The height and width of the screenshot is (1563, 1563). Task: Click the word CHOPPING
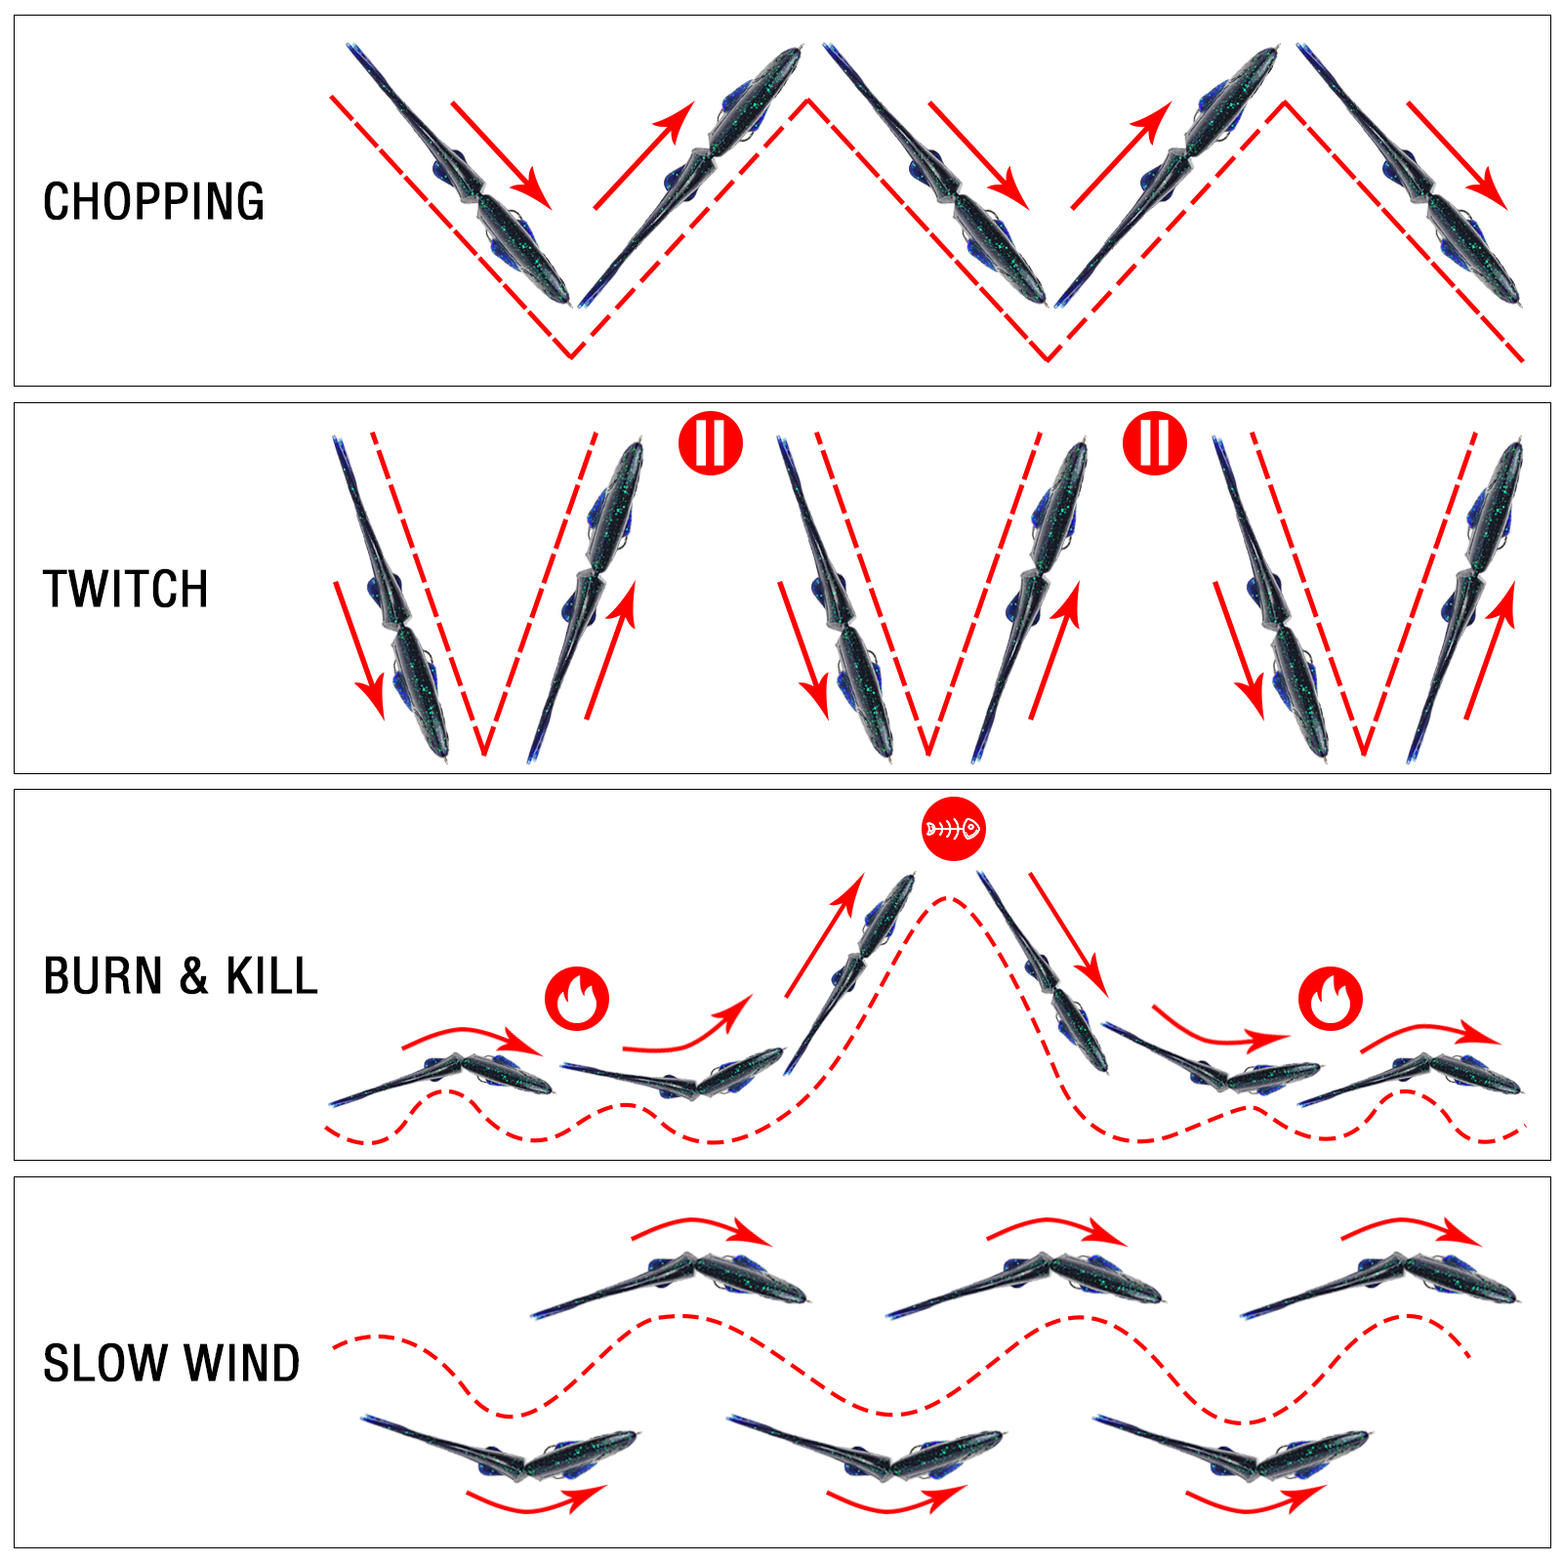[153, 202]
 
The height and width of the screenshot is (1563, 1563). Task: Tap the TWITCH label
[126, 590]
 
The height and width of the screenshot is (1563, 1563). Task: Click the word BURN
[103, 976]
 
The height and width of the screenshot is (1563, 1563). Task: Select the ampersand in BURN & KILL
[194, 976]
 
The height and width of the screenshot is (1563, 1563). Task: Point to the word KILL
[272, 976]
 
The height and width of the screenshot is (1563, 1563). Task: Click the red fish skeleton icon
[954, 829]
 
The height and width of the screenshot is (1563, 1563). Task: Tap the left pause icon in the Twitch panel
[711, 443]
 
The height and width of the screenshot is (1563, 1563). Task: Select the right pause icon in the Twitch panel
[1155, 443]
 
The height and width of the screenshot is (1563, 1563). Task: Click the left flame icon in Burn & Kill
[577, 999]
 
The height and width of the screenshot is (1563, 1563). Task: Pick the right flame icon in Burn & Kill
[1330, 999]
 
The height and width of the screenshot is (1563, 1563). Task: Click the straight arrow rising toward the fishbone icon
[825, 935]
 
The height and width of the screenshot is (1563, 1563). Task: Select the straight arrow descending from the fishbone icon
[1069, 935]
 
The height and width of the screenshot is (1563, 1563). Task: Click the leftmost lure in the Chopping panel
[459, 176]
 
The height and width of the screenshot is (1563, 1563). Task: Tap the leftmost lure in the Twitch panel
[391, 598]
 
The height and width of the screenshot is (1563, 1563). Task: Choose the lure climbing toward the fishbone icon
[849, 972]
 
